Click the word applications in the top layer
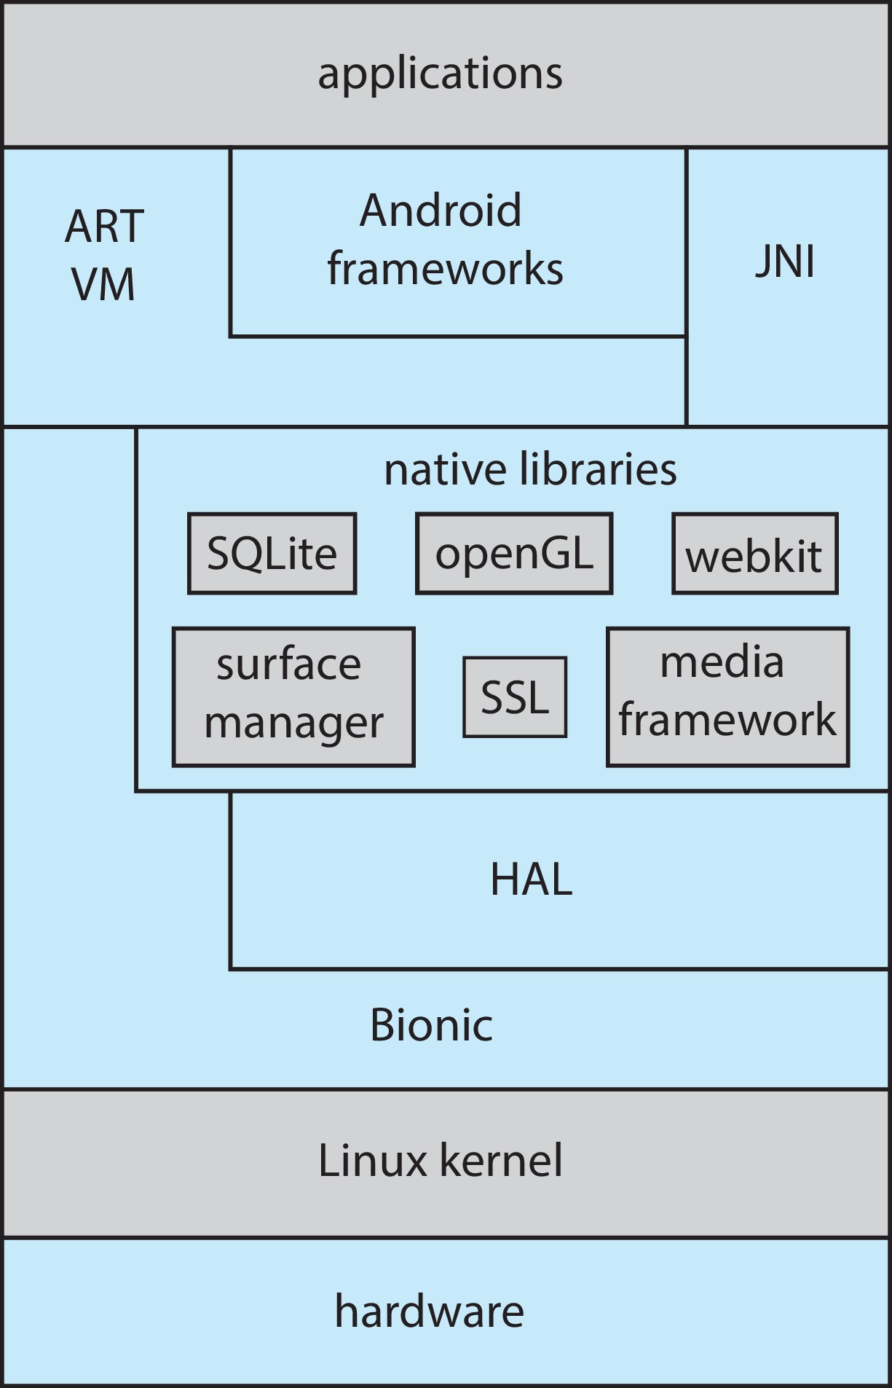440,74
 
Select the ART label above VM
104,227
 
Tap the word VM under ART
103,284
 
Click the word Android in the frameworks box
441,211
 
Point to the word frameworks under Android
445,268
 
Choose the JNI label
784,262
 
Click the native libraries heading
530,469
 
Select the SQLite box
272,554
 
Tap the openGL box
514,554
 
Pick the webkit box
754,555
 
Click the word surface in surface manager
288,664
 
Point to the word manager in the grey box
293,723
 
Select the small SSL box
515,697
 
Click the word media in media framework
722,662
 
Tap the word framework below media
727,720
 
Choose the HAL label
531,879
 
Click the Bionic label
431,1025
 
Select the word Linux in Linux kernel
372,1161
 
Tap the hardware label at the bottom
429,1311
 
